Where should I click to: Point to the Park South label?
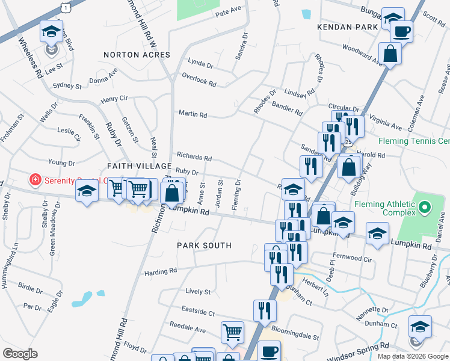(x=204, y=245)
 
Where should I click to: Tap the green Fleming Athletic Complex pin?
(x=425, y=209)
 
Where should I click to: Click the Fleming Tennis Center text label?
(x=414, y=142)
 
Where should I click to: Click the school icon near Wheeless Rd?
(x=52, y=31)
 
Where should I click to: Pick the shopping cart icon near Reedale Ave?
(x=232, y=332)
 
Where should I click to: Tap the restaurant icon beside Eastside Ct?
(x=265, y=310)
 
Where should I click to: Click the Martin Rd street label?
(x=193, y=114)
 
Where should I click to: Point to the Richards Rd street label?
(x=194, y=158)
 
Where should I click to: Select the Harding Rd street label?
(x=161, y=271)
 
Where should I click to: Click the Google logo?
(x=20, y=354)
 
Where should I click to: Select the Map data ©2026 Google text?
(x=413, y=356)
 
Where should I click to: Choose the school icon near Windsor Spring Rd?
(x=420, y=327)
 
